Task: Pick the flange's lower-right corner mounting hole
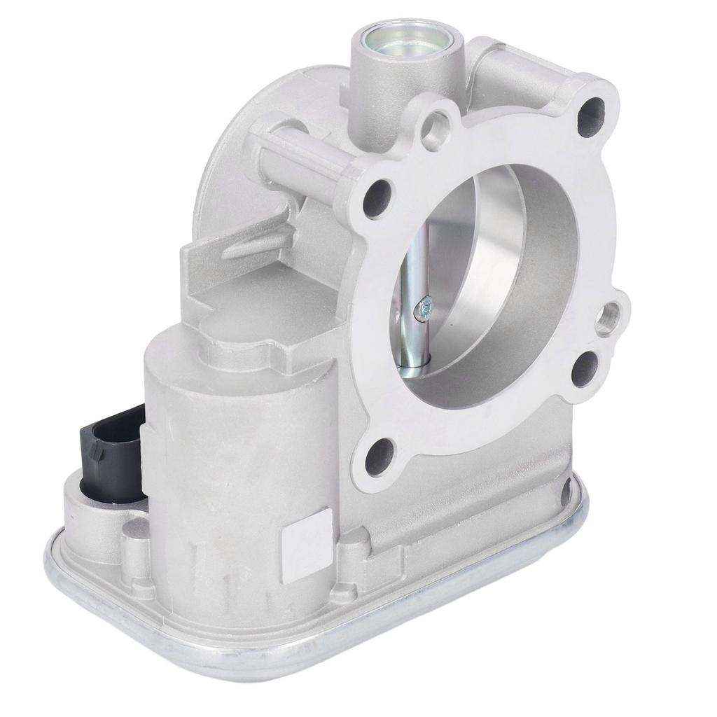585,368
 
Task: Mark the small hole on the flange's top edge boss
439,125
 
